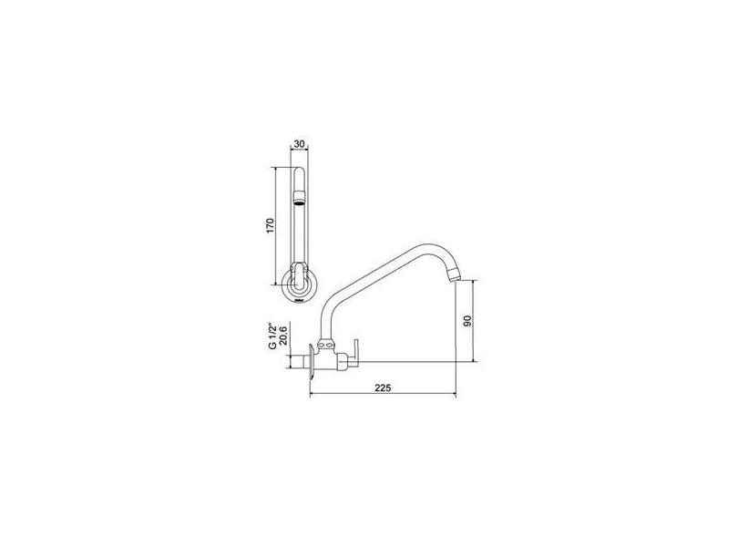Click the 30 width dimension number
coord(300,144)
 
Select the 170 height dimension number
coord(270,226)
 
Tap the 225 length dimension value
coord(383,388)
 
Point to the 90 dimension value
coord(467,321)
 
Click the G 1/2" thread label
coord(272,336)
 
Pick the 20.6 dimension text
coord(282,336)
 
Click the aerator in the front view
coord(299,198)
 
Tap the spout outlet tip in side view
coord(452,275)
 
